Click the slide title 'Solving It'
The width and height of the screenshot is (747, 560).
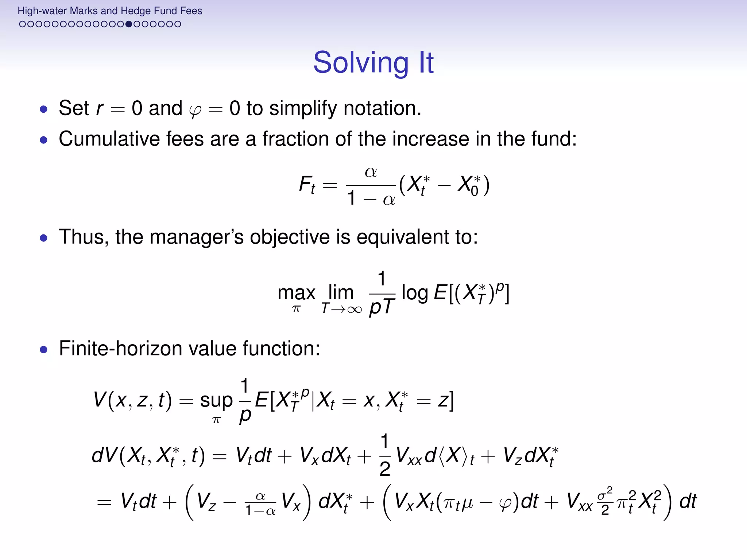pyautogui.click(x=373, y=62)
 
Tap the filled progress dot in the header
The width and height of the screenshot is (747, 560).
pyautogui.click(x=128, y=24)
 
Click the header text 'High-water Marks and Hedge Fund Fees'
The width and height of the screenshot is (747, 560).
pyautogui.click(x=110, y=11)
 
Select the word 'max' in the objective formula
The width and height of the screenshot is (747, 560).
pyautogui.click(x=296, y=293)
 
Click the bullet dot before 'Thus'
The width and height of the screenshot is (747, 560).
pyautogui.click(x=44, y=238)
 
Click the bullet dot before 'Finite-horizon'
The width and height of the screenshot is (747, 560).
pyautogui.click(x=44, y=350)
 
